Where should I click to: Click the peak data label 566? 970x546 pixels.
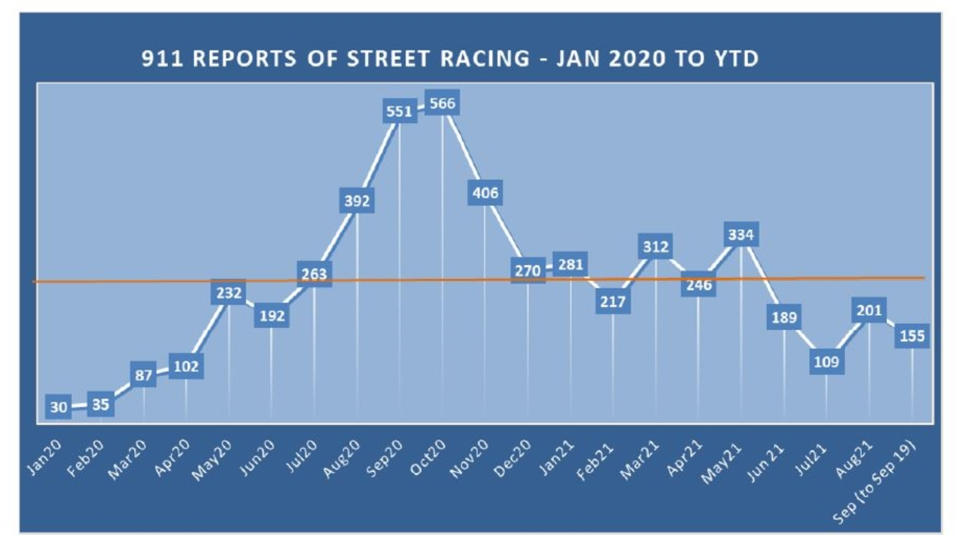pos(442,103)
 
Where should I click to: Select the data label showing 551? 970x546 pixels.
pos(399,111)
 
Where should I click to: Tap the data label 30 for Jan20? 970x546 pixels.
pos(59,407)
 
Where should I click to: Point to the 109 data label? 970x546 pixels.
pos(827,362)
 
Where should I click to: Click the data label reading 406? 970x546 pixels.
pos(485,193)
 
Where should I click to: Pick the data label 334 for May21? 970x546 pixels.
pos(741,235)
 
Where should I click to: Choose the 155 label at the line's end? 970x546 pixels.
pos(912,336)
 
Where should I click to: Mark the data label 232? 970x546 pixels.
pos(228,293)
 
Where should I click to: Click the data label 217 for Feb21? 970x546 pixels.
pos(613,301)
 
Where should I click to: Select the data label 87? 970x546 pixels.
pos(143,375)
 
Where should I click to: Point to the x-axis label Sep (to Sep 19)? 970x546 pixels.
pos(875,483)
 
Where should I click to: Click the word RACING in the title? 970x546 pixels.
pos(485,59)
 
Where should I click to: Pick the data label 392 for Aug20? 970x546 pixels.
pos(357,201)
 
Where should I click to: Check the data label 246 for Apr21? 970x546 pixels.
pos(699,285)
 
